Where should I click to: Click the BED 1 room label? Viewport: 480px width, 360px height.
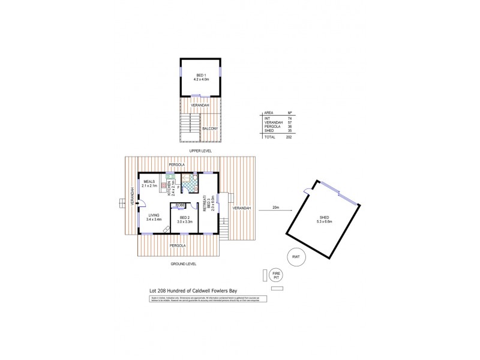[200, 74]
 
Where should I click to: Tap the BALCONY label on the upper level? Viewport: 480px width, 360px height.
[210, 128]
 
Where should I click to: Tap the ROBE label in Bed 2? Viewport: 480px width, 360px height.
[180, 205]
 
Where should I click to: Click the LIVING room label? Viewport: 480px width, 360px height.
[154, 215]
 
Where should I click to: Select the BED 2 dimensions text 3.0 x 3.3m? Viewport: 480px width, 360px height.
[184, 222]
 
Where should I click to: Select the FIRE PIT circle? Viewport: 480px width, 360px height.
[276, 274]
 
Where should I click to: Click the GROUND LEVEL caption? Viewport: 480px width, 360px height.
[184, 263]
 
